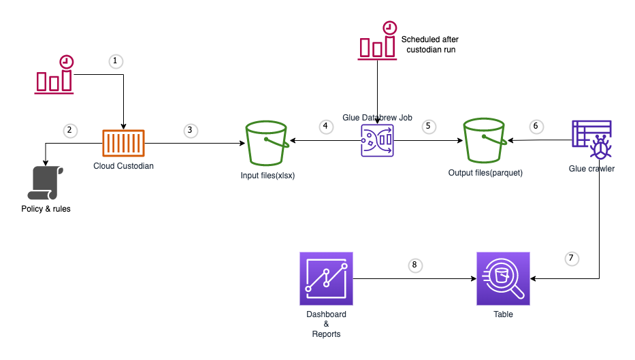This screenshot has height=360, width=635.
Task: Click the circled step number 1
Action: tap(115, 61)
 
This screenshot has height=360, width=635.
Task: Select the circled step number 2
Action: tap(68, 129)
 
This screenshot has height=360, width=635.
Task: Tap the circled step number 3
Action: tap(191, 129)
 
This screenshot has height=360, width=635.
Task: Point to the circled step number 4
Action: tap(326, 126)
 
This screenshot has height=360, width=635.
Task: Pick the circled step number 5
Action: tap(428, 126)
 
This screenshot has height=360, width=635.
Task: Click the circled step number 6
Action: tap(536, 126)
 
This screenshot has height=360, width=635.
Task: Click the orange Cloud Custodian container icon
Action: tap(125, 143)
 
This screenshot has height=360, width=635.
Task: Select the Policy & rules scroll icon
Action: tap(46, 182)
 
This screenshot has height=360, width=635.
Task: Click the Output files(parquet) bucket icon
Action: tap(486, 143)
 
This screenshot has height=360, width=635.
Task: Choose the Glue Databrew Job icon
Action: tap(377, 140)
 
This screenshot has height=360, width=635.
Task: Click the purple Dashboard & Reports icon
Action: tap(326, 278)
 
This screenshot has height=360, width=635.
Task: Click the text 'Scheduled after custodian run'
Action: tap(430, 45)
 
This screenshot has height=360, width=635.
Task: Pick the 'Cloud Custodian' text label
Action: tap(124, 166)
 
